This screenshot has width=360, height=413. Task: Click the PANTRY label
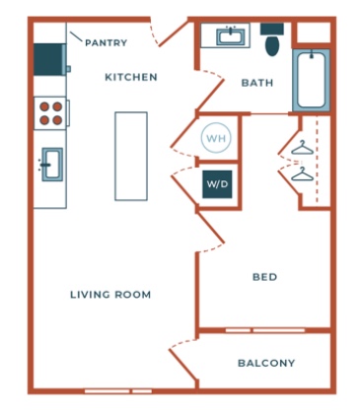(106, 42)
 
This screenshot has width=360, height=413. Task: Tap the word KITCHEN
(131, 77)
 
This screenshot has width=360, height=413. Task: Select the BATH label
(257, 83)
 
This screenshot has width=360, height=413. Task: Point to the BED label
(264, 277)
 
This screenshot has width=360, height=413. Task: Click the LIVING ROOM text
(110, 295)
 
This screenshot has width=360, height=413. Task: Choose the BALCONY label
(266, 363)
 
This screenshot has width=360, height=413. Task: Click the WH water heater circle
(216, 138)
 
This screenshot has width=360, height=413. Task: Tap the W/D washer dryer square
(217, 184)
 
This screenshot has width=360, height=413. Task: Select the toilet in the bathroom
(272, 39)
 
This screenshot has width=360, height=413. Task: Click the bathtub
(312, 81)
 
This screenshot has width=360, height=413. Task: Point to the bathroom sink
(231, 36)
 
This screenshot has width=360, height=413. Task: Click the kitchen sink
(51, 165)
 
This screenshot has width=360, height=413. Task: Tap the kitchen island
(131, 156)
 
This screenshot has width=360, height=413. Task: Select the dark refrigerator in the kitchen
(50, 59)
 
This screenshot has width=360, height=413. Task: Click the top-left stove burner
(44, 106)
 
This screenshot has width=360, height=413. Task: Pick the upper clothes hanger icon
(301, 148)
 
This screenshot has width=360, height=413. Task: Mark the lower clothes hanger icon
(301, 174)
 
